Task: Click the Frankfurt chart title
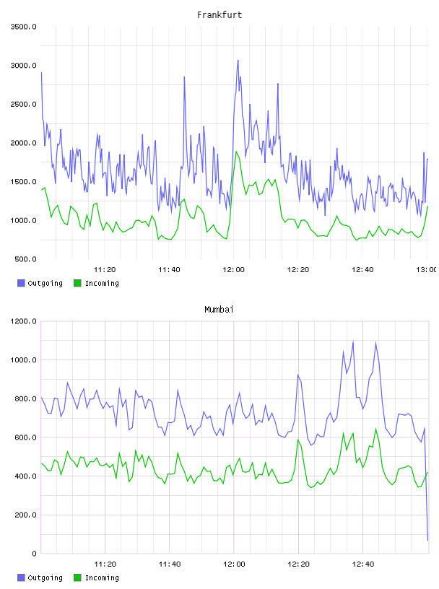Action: [x=219, y=14]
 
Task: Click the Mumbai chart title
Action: [x=219, y=309]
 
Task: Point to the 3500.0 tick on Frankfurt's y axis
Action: [x=23, y=27]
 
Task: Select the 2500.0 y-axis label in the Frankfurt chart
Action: [x=23, y=104]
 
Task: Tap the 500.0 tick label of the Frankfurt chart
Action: [x=25, y=259]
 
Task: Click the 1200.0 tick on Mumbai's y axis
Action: [x=23, y=321]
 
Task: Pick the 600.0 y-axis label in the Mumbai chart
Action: [x=25, y=437]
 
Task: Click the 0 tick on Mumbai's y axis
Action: [x=34, y=554]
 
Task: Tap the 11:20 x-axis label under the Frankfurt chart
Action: [x=105, y=269]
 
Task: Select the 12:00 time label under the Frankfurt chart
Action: [x=233, y=269]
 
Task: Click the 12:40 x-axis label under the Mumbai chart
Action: [x=362, y=564]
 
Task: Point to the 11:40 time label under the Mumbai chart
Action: [x=170, y=564]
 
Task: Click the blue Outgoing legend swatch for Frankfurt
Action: [x=21, y=283]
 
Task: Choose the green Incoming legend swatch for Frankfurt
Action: [x=77, y=283]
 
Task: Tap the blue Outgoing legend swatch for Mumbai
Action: [x=21, y=577]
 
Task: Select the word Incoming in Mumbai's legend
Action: [x=102, y=577]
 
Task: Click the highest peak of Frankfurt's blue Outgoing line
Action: [x=238, y=60]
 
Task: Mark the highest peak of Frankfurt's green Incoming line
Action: [x=236, y=152]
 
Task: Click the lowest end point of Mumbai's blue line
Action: [x=427, y=541]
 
